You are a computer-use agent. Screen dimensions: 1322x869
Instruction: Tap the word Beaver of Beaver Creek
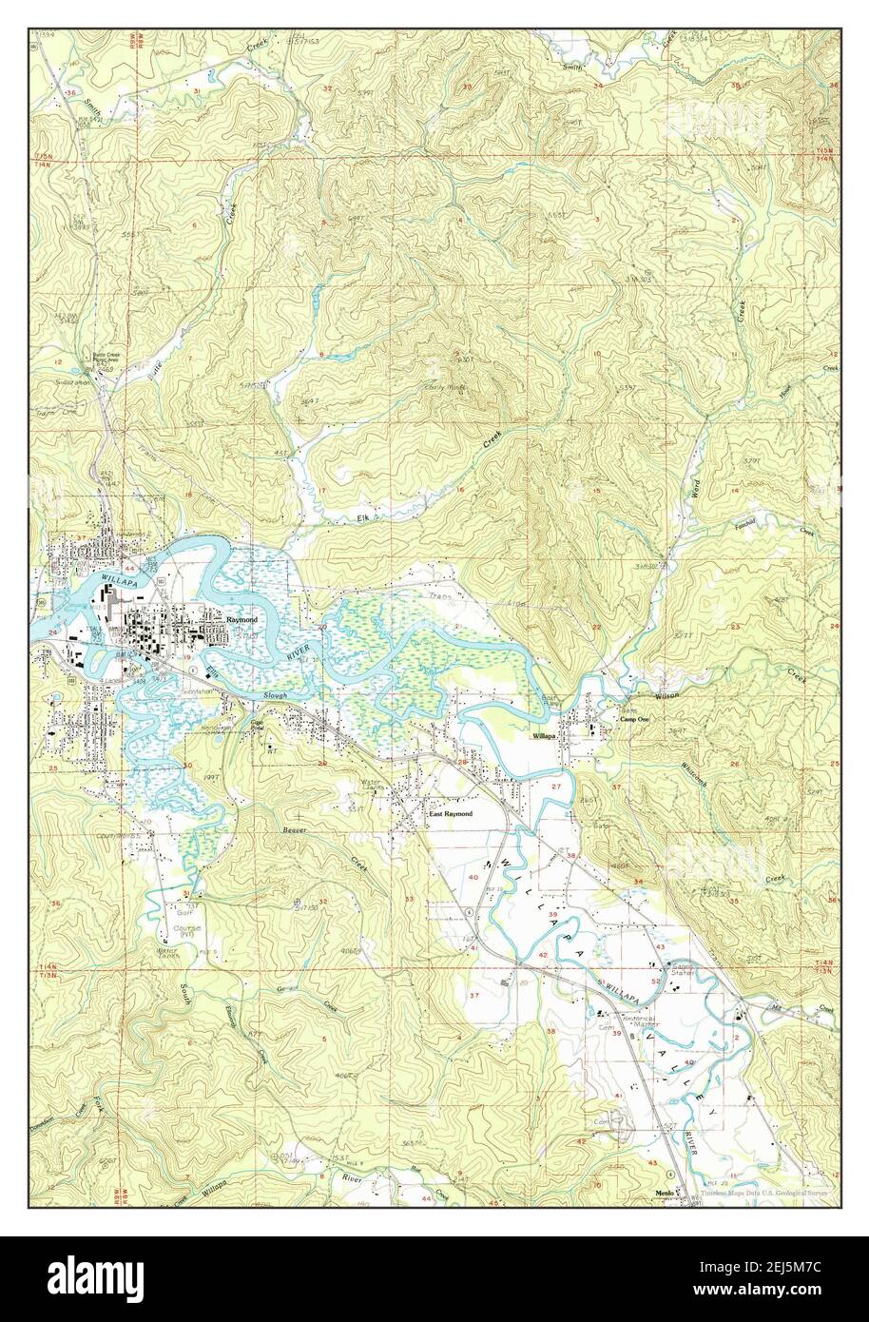pyautogui.click(x=295, y=830)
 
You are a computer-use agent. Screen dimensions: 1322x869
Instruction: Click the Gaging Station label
pyautogui.click(x=684, y=968)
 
